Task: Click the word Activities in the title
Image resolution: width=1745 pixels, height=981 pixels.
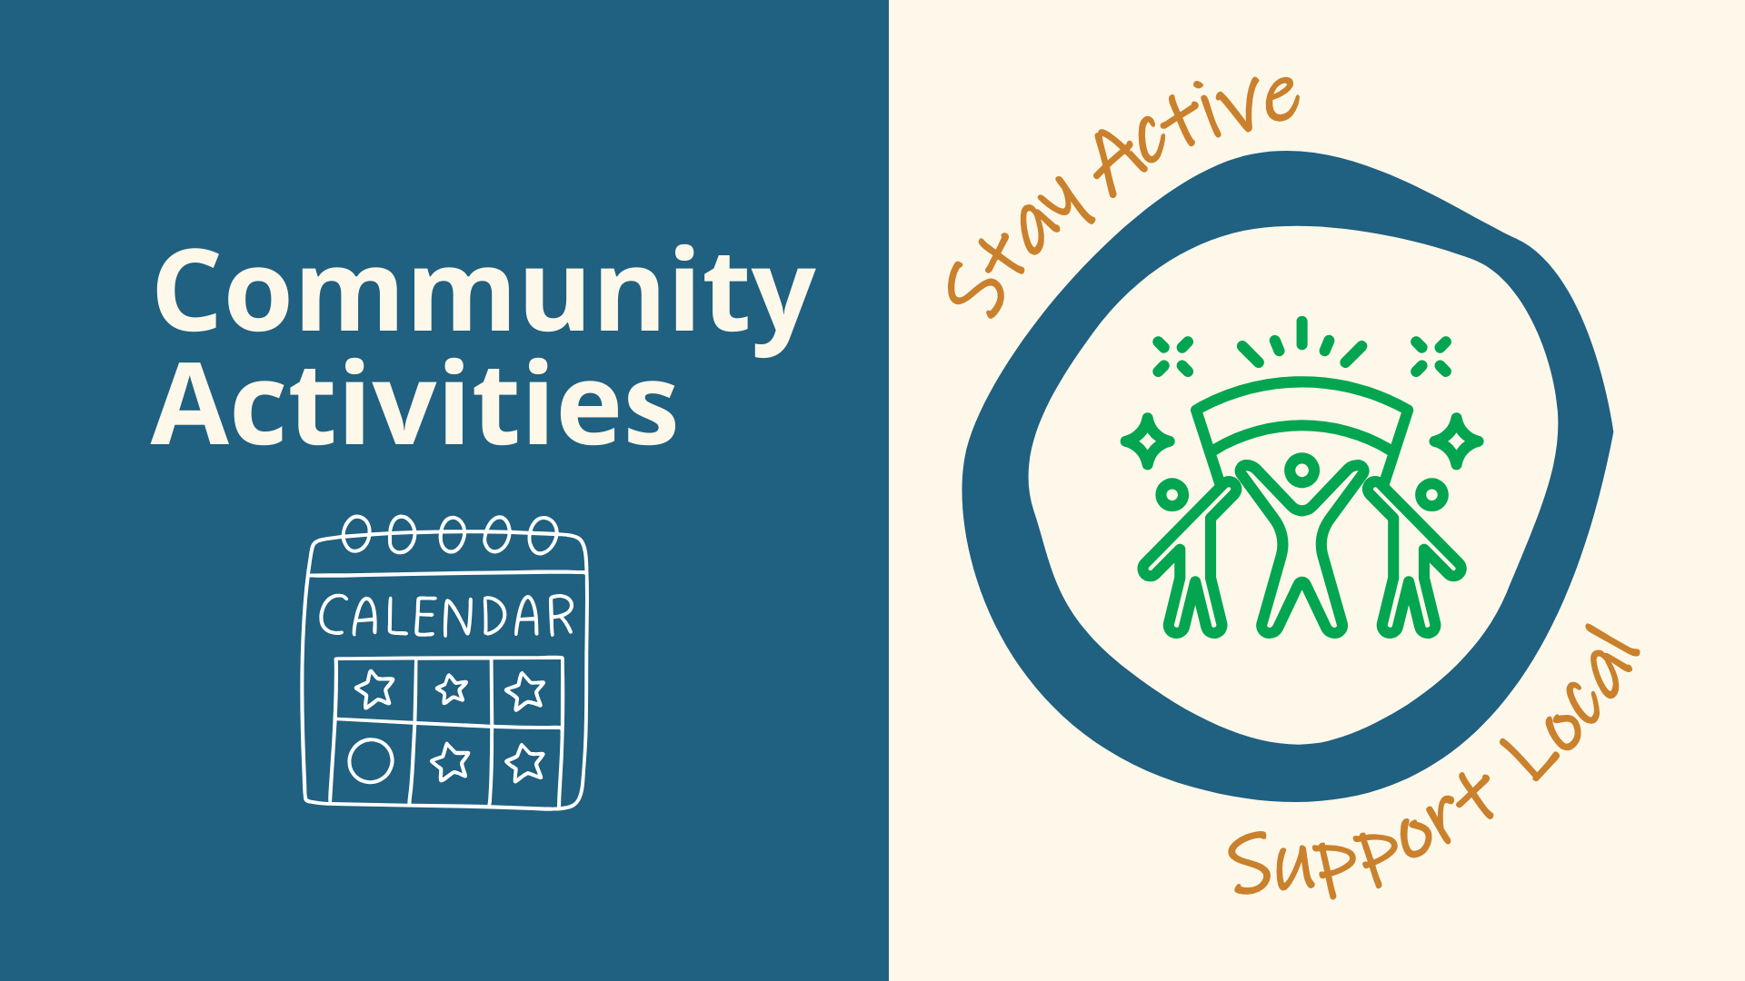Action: pyautogui.click(x=414, y=402)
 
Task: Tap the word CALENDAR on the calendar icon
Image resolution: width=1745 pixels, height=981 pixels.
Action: pyautogui.click(x=446, y=615)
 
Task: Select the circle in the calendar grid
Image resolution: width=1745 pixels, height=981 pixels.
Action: pyautogui.click(x=371, y=760)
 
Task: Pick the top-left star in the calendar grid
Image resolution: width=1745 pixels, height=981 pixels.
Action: pyautogui.click(x=374, y=689)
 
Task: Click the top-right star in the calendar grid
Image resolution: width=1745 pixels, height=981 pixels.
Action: pyautogui.click(x=525, y=690)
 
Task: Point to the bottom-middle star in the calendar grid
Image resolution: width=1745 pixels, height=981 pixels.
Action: pyautogui.click(x=450, y=761)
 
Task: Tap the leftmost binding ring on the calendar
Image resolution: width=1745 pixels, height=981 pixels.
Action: pyautogui.click(x=356, y=534)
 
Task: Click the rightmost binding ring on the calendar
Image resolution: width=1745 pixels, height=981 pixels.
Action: pyautogui.click(x=543, y=535)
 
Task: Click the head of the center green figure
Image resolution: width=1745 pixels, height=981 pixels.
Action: pyautogui.click(x=1301, y=471)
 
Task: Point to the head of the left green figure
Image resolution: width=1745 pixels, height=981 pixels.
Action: pyautogui.click(x=1172, y=495)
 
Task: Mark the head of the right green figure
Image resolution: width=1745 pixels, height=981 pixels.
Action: pyautogui.click(x=1431, y=495)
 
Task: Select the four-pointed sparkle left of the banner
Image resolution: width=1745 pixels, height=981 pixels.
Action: pyautogui.click(x=1148, y=441)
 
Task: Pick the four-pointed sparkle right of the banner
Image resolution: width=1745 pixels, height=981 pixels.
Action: pyautogui.click(x=1456, y=441)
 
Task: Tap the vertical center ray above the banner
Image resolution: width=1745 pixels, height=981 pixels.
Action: pyautogui.click(x=1301, y=332)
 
